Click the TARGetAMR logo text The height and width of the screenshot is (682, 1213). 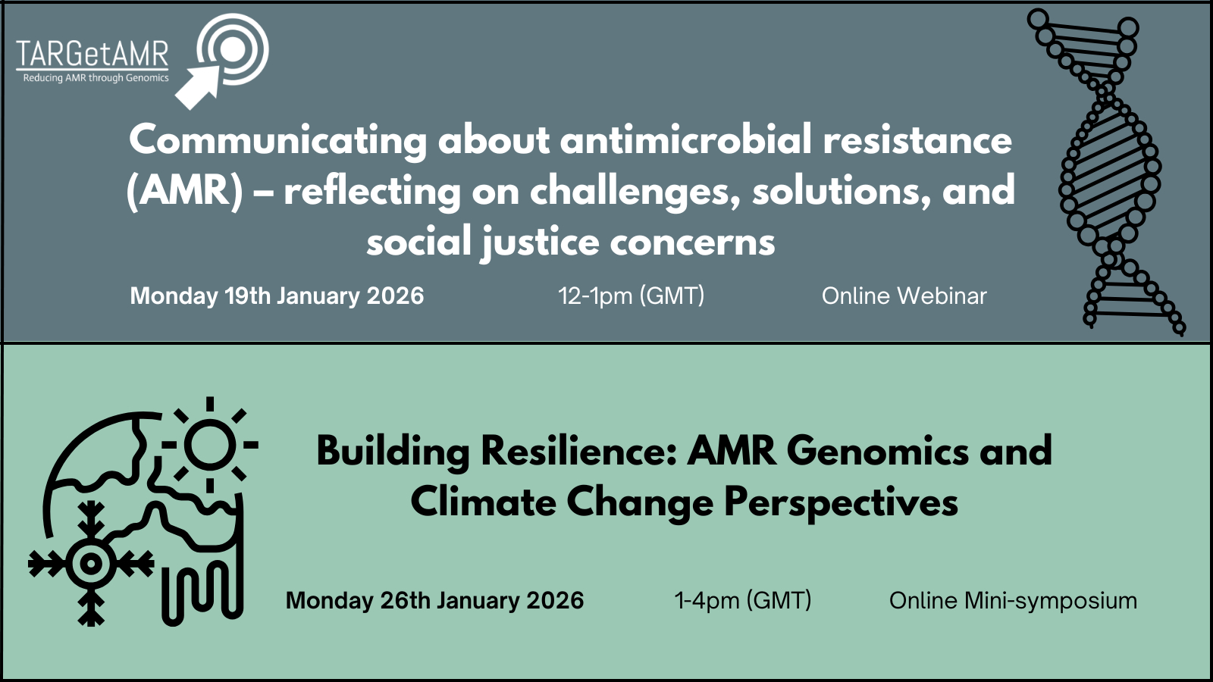click(92, 54)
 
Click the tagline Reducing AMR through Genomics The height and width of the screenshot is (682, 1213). click(96, 78)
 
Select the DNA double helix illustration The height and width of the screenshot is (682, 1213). click(1108, 172)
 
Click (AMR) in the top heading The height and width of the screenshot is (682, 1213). click(185, 191)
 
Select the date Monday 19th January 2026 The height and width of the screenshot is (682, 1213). click(277, 296)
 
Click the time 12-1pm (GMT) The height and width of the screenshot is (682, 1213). click(632, 296)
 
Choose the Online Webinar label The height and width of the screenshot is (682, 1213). click(904, 296)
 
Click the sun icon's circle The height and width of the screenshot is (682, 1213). click(210, 444)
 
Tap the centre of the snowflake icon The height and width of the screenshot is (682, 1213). click(91, 564)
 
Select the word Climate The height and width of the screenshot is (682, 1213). click(483, 502)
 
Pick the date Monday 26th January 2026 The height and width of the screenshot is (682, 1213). click(435, 601)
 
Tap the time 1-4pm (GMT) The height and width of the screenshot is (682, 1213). click(743, 601)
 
